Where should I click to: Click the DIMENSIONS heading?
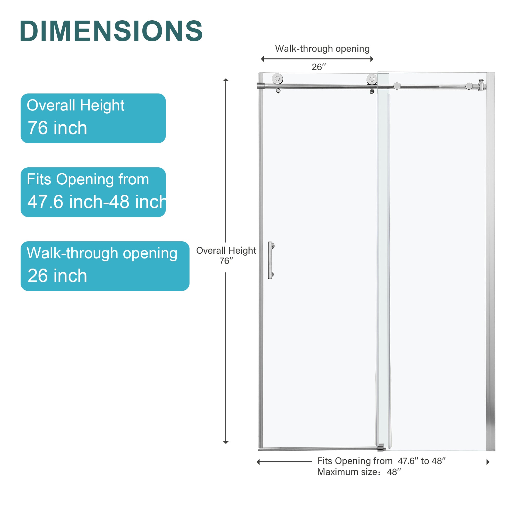coord(111,31)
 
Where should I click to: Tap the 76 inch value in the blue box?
coord(57,128)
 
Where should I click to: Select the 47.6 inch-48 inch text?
coord(97,202)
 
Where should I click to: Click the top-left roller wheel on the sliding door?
coord(278,79)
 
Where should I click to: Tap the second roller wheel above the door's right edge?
coord(372,79)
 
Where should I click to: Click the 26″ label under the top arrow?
coord(319,67)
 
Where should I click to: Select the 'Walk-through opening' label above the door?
coord(322,48)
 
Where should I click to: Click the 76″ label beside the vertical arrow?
coord(226,261)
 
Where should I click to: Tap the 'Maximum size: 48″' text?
coord(359,472)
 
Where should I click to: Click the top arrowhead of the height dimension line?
coord(226,80)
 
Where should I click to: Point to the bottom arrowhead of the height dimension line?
coord(226,442)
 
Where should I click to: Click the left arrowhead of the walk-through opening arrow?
coord(262,59)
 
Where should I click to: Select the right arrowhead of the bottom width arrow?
coord(488,462)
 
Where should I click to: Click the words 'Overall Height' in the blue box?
coord(75,105)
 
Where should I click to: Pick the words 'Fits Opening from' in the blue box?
coord(88,179)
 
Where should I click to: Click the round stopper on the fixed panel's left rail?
coord(397,86)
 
